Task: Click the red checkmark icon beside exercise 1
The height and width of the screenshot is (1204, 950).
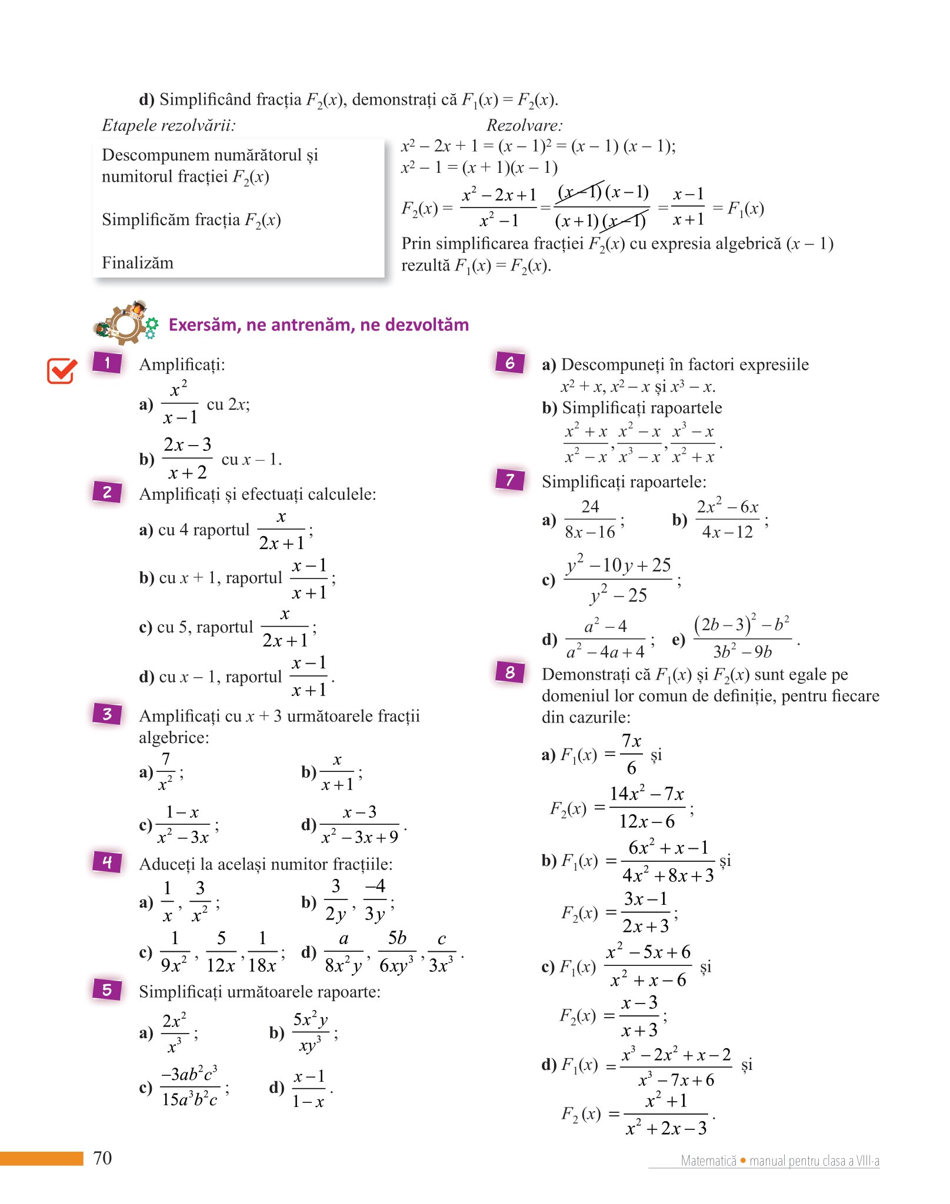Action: click(x=62, y=370)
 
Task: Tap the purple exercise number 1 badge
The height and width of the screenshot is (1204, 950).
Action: click(x=107, y=362)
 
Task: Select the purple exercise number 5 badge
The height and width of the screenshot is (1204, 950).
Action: click(x=107, y=989)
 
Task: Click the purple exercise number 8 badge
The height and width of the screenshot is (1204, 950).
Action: click(x=510, y=672)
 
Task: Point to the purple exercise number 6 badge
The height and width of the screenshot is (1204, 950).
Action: click(x=510, y=362)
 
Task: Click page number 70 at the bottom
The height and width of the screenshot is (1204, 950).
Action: click(x=102, y=1158)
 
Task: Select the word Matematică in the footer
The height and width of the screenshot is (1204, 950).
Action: click(x=708, y=1160)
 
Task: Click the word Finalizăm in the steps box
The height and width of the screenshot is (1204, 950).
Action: click(x=138, y=263)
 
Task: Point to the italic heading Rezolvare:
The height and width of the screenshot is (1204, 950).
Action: click(x=524, y=125)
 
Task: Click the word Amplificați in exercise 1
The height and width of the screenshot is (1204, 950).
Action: click(x=182, y=364)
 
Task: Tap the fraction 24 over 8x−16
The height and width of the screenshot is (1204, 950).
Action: click(x=590, y=519)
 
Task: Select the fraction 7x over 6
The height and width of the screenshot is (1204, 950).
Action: click(x=631, y=754)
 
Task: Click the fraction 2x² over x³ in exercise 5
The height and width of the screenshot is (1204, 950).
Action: click(x=175, y=1033)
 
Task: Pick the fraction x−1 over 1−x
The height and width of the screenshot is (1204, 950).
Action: click(x=309, y=1089)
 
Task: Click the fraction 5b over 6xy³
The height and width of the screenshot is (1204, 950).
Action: click(x=397, y=951)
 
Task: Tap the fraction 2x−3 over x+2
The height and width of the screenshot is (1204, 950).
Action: click(x=188, y=459)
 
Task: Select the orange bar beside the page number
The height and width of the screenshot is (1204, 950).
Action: click(x=41, y=1158)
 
